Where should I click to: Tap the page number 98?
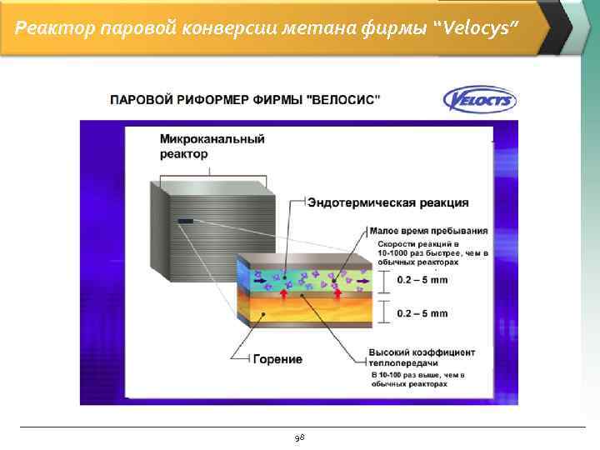click(300, 437)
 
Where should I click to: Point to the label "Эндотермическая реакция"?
click(387, 202)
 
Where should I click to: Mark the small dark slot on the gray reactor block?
click(185, 222)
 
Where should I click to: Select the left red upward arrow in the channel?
click(283, 292)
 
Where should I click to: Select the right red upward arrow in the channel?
click(337, 292)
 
